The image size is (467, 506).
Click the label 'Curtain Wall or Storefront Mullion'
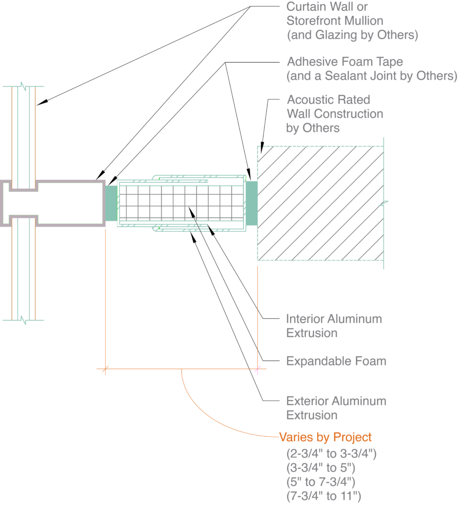[x=335, y=14]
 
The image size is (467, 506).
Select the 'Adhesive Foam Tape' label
[x=345, y=62]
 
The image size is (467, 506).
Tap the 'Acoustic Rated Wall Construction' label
[x=335, y=107]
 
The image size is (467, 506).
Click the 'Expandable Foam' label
[x=336, y=361]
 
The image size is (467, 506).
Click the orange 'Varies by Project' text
[x=325, y=437]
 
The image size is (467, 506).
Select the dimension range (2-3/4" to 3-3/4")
[x=331, y=454]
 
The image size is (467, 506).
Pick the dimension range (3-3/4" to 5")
[x=321, y=467]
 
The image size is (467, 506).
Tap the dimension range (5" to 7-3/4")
[x=321, y=481]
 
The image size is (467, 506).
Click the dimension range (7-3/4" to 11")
[x=324, y=495]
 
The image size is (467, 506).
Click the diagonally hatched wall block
[x=320, y=203]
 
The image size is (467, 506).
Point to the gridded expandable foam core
[x=180, y=203]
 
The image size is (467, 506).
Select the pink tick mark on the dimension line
[x=257, y=369]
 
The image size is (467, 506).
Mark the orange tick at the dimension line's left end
[x=105, y=369]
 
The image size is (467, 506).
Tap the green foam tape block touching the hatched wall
[x=252, y=203]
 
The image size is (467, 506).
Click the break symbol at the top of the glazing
[x=23, y=86]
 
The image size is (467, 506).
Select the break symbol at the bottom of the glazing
[x=23, y=320]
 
